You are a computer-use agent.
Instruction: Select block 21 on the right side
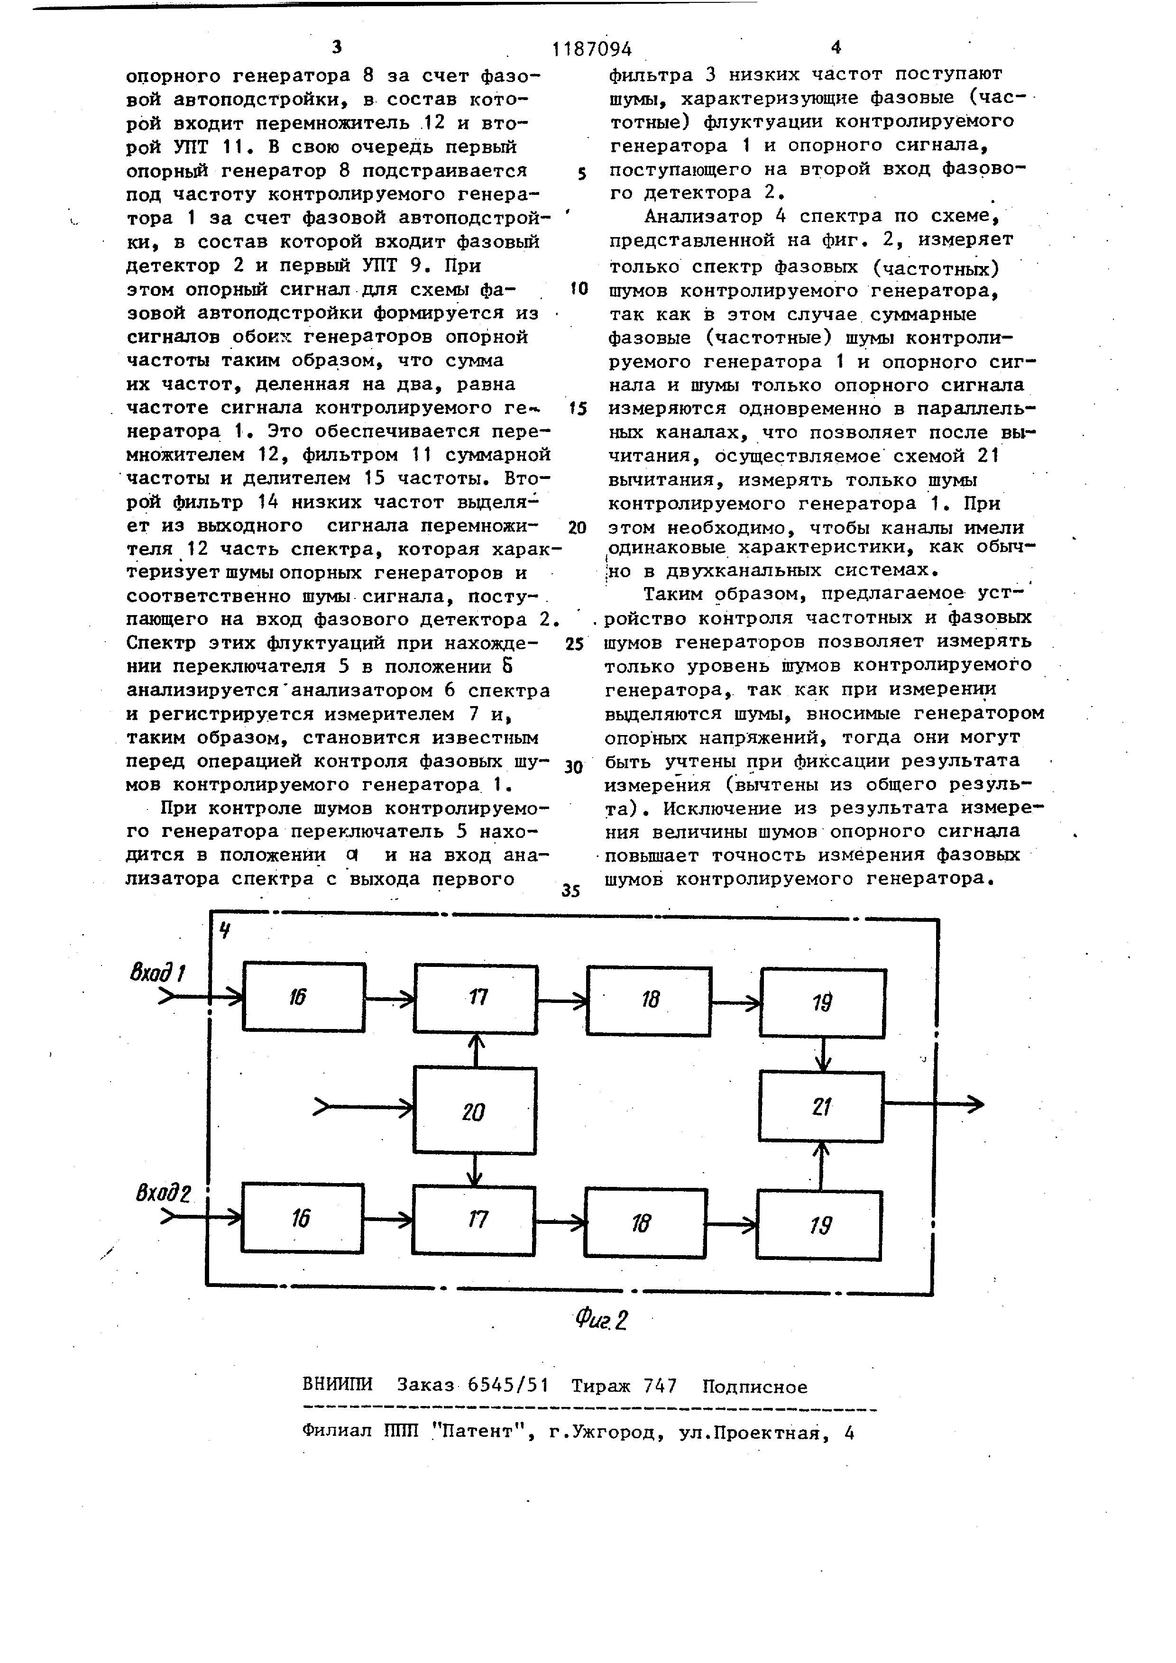coord(820,1106)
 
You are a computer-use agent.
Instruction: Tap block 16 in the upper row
coord(303,997)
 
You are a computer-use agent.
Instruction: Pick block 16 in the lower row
coord(302,1218)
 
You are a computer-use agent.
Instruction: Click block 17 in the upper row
coord(476,999)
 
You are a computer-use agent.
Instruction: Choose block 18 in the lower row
coord(645,1222)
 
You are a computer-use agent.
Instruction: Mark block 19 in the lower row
coord(819,1224)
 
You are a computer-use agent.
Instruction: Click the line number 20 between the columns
coord(577,527)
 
